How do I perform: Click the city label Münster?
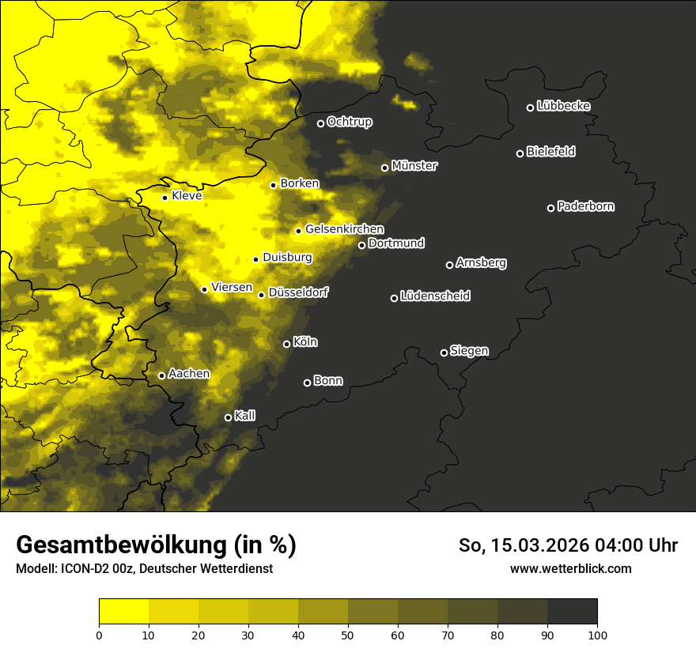[x=414, y=166]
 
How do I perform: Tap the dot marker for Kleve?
[x=165, y=198]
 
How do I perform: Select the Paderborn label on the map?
[x=586, y=206]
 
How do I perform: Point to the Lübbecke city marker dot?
[x=530, y=107]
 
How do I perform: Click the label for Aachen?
[x=189, y=374]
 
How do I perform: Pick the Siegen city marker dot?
[x=444, y=353]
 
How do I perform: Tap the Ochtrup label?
[x=350, y=122]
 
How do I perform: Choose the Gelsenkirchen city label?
[x=344, y=229]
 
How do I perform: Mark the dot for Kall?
[x=228, y=417]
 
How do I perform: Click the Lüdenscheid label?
[x=436, y=296]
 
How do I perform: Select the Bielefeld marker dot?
[x=520, y=153]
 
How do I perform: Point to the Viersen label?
[x=232, y=288]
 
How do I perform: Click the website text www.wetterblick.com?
[x=571, y=568]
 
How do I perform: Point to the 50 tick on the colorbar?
[x=348, y=634]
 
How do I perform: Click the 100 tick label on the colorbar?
[x=597, y=634]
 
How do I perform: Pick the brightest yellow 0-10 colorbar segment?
[x=123, y=612]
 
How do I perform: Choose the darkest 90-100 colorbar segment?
[x=572, y=612]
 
